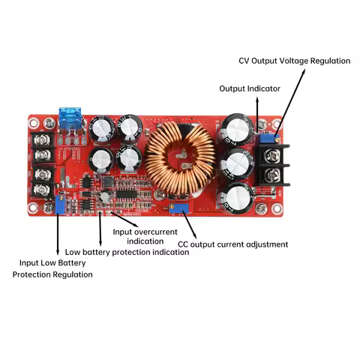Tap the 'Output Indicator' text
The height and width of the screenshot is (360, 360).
coord(250,88)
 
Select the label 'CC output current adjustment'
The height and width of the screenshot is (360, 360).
coord(232,244)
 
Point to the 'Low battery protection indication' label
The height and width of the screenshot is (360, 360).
coord(127,253)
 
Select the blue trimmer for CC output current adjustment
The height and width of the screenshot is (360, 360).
coord(178,205)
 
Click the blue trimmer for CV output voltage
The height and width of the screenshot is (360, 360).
coord(265,136)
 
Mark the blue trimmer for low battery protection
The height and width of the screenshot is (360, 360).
coord(59,202)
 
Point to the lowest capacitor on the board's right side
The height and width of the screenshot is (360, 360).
coord(238,196)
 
